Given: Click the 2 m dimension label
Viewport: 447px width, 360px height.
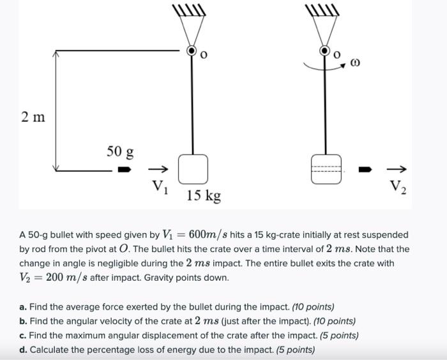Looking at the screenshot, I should point(34,117).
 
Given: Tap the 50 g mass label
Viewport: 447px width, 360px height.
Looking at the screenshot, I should point(120,152).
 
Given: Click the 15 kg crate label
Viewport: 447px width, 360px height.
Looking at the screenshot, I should point(204,195).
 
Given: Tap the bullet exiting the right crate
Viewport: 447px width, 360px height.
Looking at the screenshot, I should point(364,170).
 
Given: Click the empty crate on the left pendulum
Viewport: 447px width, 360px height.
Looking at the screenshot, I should point(192,169).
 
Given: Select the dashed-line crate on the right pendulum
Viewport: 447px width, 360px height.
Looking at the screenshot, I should point(326,169).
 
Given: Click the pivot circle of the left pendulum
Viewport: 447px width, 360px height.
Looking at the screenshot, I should point(192,50).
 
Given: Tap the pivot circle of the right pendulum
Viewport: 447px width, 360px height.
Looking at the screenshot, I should point(325,50).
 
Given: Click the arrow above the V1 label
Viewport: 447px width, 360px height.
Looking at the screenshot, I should point(158,170).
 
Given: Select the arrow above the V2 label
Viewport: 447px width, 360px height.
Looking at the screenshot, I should point(397,170).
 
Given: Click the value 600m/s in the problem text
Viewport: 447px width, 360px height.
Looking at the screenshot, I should point(189,235).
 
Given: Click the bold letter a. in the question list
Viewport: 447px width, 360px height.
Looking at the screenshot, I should point(23,307).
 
